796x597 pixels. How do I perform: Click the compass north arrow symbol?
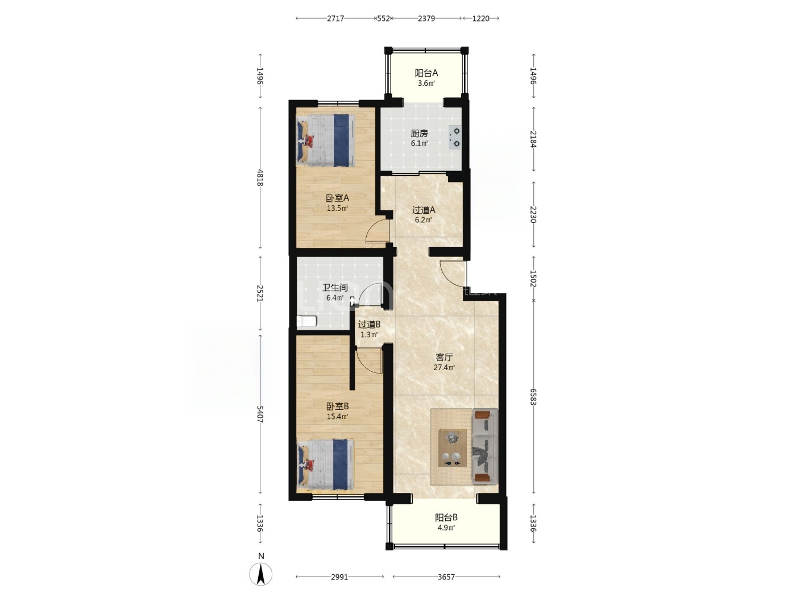click(260, 574)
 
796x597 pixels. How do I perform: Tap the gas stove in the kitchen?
click(455, 138)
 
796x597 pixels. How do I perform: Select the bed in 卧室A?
click(325, 140)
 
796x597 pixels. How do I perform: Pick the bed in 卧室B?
click(325, 465)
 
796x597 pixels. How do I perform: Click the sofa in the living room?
click(485, 446)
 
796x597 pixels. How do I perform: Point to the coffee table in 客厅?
click(452, 447)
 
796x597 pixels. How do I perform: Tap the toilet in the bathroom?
click(307, 321)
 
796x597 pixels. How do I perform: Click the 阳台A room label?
click(426, 73)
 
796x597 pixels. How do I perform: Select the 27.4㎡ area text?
click(444, 367)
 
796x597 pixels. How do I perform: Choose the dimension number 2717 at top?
click(335, 19)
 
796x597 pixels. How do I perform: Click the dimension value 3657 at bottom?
click(446, 577)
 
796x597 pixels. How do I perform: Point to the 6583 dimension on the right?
click(533, 397)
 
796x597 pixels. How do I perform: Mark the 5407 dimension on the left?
click(260, 414)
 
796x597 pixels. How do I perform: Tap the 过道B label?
click(369, 325)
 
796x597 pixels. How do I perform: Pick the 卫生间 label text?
click(335, 288)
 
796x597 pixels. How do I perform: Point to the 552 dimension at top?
click(383, 19)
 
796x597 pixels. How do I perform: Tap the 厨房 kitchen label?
click(419, 134)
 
